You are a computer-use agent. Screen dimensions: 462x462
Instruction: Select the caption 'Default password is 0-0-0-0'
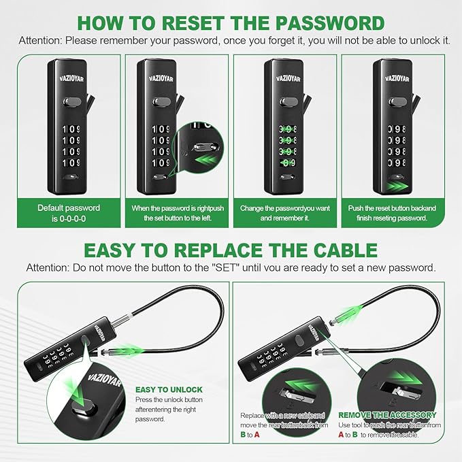click(x=68, y=213)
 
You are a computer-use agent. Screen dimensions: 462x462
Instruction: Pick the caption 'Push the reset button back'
click(x=392, y=213)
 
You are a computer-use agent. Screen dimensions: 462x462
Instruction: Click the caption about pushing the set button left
click(x=176, y=213)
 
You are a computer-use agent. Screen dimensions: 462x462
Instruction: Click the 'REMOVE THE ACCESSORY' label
click(x=387, y=414)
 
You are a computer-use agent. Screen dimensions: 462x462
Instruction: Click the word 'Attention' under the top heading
click(x=39, y=40)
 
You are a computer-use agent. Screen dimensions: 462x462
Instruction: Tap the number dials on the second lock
click(x=161, y=146)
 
